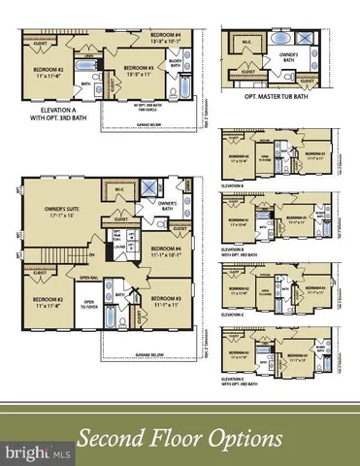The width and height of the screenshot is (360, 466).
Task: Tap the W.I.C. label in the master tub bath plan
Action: (x=245, y=41)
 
